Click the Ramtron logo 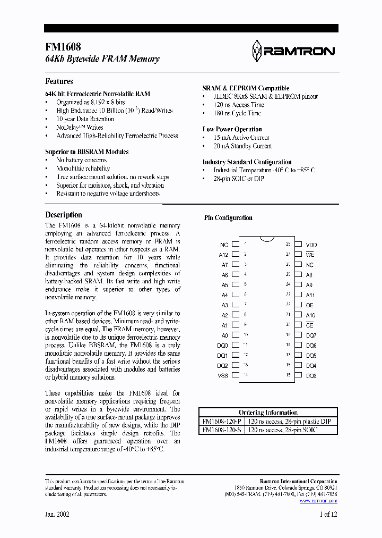(292, 51)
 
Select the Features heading (59, 81)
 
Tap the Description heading (64, 215)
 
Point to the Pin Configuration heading (228, 218)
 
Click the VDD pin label (311, 245)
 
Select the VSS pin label (223, 376)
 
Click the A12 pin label (223, 255)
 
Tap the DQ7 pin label (311, 335)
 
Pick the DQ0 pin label (223, 346)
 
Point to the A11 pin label (310, 295)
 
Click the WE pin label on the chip (310, 255)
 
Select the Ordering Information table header (268, 413)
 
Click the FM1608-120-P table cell (221, 421)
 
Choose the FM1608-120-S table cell (221, 430)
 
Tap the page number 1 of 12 (327, 515)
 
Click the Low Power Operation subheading (232, 129)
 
